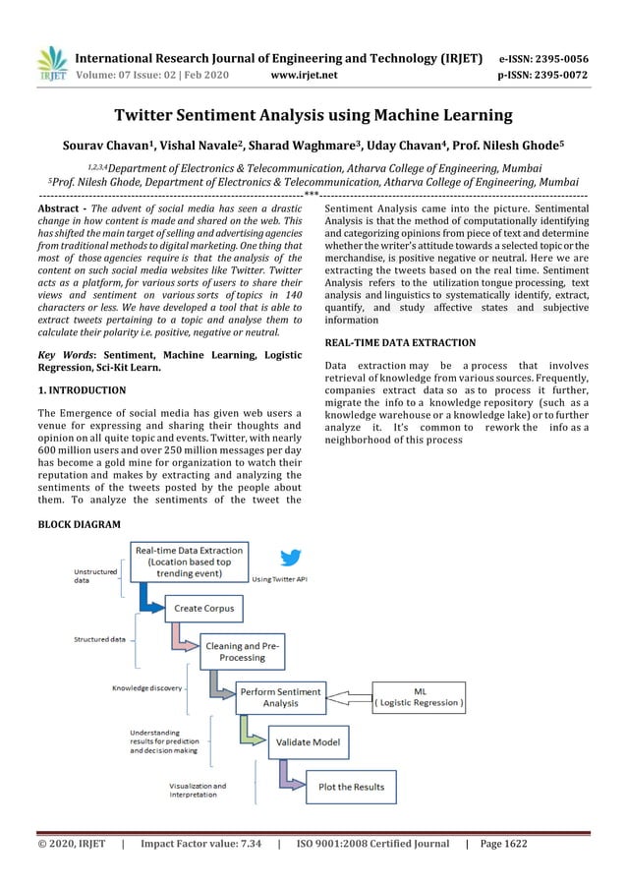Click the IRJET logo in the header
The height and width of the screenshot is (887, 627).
[x=51, y=64]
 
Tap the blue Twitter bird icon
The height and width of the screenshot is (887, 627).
[x=290, y=559]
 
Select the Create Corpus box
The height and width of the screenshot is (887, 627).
[x=203, y=609]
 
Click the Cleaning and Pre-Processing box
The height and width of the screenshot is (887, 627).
[x=242, y=651]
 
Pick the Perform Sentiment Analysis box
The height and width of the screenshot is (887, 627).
[x=280, y=697]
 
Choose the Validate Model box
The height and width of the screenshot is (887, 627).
[x=308, y=741]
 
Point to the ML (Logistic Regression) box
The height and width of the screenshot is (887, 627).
[x=420, y=696]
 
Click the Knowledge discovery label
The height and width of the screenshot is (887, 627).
[x=146, y=688]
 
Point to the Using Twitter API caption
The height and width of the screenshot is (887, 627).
[x=280, y=580]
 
